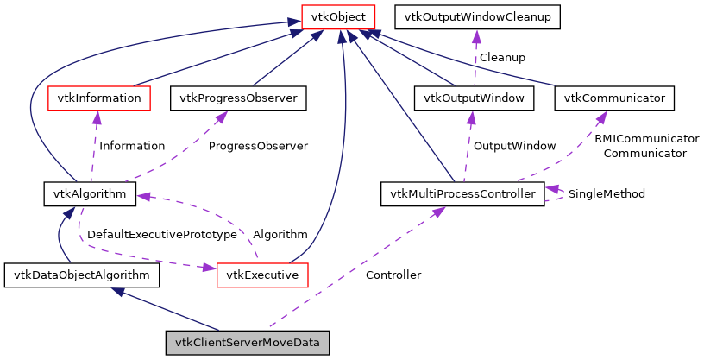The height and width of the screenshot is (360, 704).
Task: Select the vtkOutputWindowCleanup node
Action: (x=477, y=16)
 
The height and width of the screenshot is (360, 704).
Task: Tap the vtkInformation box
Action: (x=98, y=98)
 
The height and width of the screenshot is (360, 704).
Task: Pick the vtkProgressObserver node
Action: (x=238, y=98)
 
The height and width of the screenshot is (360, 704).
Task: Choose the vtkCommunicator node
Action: (x=614, y=98)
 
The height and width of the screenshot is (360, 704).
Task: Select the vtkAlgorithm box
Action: (x=90, y=194)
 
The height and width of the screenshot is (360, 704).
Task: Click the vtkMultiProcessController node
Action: (x=462, y=194)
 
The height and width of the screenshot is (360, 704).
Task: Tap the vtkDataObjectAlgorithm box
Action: (x=82, y=276)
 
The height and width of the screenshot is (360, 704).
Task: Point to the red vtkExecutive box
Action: (x=262, y=276)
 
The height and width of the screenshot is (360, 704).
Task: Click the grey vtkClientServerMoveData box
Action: (x=248, y=343)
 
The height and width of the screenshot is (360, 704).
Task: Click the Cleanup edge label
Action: (x=502, y=57)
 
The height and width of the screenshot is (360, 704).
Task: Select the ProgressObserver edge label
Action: (x=258, y=146)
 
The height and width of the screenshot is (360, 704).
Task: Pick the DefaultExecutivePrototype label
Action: (x=161, y=234)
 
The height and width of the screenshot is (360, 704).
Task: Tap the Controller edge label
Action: (x=393, y=275)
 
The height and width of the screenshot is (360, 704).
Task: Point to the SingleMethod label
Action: (x=607, y=193)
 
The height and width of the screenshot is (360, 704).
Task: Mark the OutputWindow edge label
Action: (x=514, y=146)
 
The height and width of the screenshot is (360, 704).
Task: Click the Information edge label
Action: (x=132, y=146)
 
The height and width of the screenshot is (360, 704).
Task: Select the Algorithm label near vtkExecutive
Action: (x=280, y=234)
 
